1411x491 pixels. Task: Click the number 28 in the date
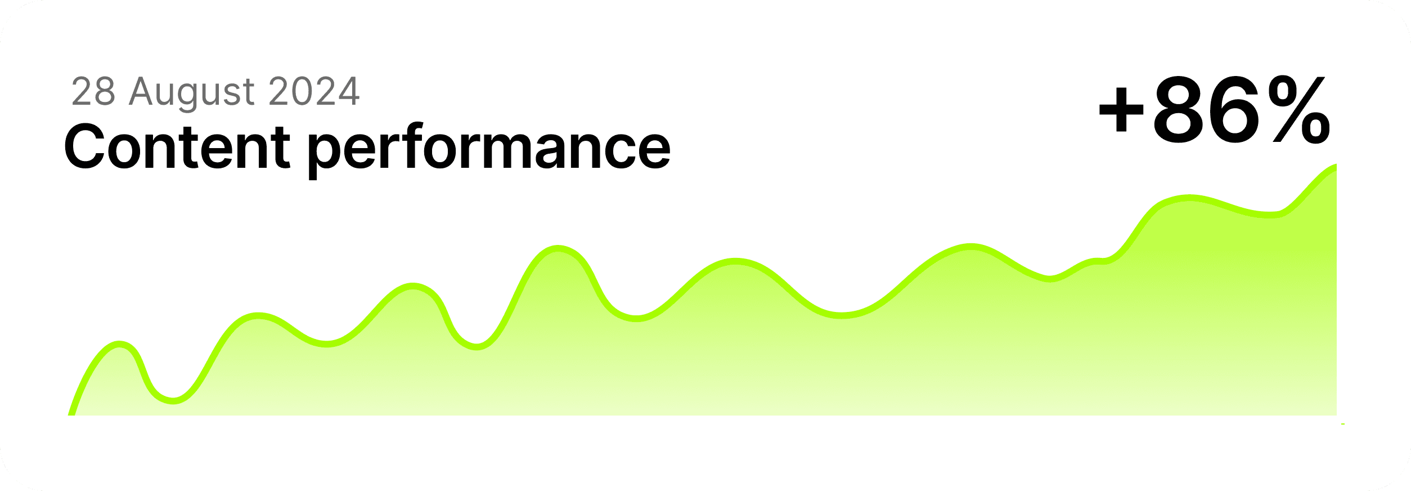pos(93,91)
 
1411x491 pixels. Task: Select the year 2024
pos(314,91)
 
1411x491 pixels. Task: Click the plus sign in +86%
pos(1121,110)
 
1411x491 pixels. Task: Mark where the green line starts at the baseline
pos(71,414)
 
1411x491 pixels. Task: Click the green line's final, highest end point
pos(1334,166)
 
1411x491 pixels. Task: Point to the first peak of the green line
pos(119,343)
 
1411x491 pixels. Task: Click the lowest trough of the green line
pos(173,401)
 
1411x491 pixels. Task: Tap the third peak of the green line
pos(413,285)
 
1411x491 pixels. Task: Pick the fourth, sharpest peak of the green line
pos(558,248)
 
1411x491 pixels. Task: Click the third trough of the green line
pos(476,346)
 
